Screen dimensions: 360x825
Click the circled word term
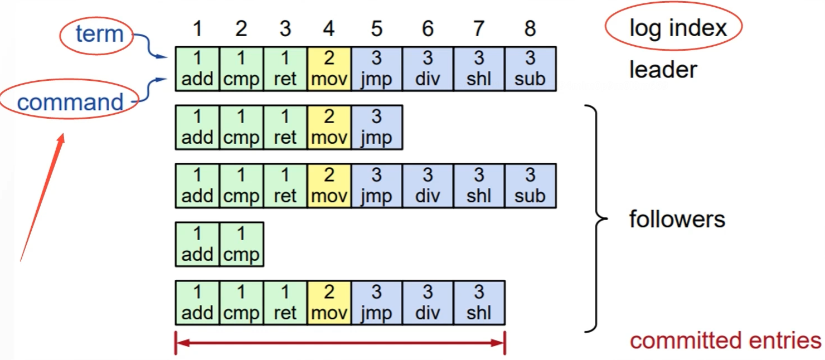tap(99, 35)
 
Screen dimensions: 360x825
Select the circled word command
tap(70, 103)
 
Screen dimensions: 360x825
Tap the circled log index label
tap(678, 27)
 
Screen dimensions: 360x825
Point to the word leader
tap(663, 70)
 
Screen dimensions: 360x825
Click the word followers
tap(677, 219)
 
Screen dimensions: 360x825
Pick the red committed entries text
tap(725, 340)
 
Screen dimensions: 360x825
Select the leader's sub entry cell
tap(530, 69)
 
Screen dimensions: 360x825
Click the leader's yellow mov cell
tap(329, 69)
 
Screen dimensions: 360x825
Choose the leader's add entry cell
tap(197, 69)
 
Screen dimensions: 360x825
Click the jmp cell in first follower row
tap(376, 128)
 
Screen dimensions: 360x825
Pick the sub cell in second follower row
tap(530, 186)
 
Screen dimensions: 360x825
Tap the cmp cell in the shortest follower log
tap(241, 244)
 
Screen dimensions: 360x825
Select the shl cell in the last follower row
tap(479, 303)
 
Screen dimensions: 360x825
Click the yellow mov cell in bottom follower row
tap(329, 303)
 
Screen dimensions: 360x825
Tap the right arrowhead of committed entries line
tap(499, 343)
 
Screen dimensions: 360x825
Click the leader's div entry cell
tap(428, 69)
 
